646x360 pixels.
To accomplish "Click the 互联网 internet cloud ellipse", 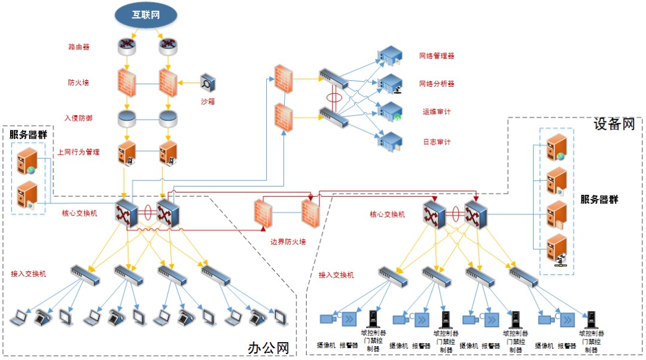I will pyautogui.click(x=146, y=14).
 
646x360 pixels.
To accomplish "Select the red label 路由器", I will pyautogui.click(x=79, y=47).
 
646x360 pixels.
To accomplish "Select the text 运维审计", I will pyautogui.click(x=437, y=112).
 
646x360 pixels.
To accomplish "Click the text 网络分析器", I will pyautogui.click(x=437, y=84).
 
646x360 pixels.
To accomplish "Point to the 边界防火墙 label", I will pyautogui.click(x=288, y=242).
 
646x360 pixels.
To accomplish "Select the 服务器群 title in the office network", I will pyautogui.click(x=28, y=135).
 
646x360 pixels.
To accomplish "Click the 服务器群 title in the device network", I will pyautogui.click(x=599, y=199).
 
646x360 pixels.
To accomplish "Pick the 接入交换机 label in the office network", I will pyautogui.click(x=29, y=274).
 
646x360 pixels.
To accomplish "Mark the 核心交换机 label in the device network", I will pyautogui.click(x=388, y=214).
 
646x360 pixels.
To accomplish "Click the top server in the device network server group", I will pyautogui.click(x=556, y=148).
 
